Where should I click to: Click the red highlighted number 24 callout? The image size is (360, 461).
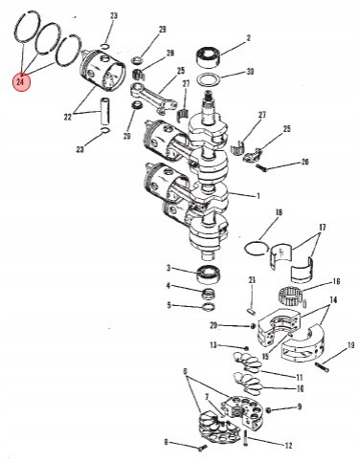(21, 82)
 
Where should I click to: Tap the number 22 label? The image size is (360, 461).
(68, 117)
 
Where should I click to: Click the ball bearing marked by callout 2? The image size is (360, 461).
(209, 56)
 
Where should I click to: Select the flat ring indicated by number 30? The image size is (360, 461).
(209, 80)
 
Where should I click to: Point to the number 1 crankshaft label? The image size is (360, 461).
(259, 196)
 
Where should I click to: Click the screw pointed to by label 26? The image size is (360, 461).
(260, 167)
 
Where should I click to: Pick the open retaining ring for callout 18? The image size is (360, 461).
(256, 248)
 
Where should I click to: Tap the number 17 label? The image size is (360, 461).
(322, 228)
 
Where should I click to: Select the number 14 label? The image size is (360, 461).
(333, 300)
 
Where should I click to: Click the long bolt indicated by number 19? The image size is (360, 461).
(322, 367)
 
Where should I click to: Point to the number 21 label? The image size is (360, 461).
(252, 280)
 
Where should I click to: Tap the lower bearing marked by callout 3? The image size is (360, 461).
(209, 274)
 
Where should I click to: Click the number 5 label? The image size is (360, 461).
(169, 305)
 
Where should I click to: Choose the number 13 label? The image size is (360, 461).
(214, 345)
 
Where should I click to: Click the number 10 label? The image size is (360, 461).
(300, 388)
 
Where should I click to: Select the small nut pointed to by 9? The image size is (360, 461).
(268, 409)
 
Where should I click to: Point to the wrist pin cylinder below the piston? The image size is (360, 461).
(105, 112)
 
